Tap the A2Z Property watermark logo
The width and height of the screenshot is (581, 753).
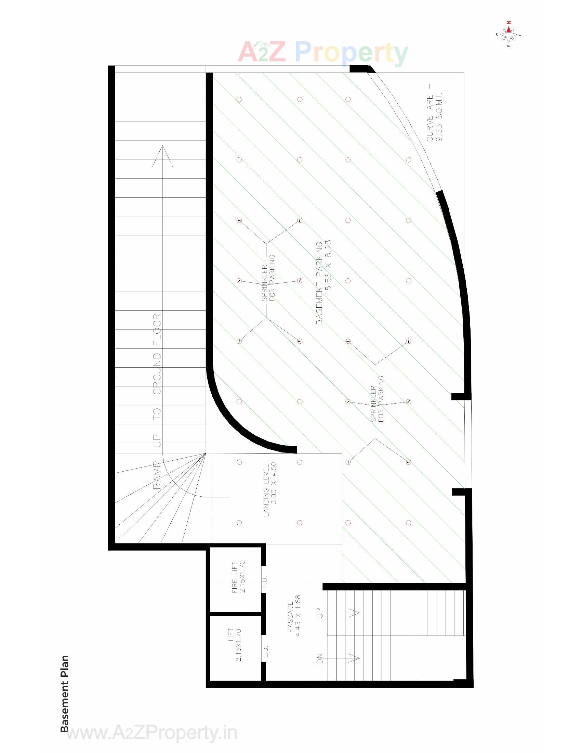coord(323,53)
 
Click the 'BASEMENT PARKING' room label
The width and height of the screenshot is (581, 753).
coord(319,283)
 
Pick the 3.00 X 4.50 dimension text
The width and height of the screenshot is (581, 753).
coord(274,483)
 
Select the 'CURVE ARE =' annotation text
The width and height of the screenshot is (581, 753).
coord(430,112)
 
